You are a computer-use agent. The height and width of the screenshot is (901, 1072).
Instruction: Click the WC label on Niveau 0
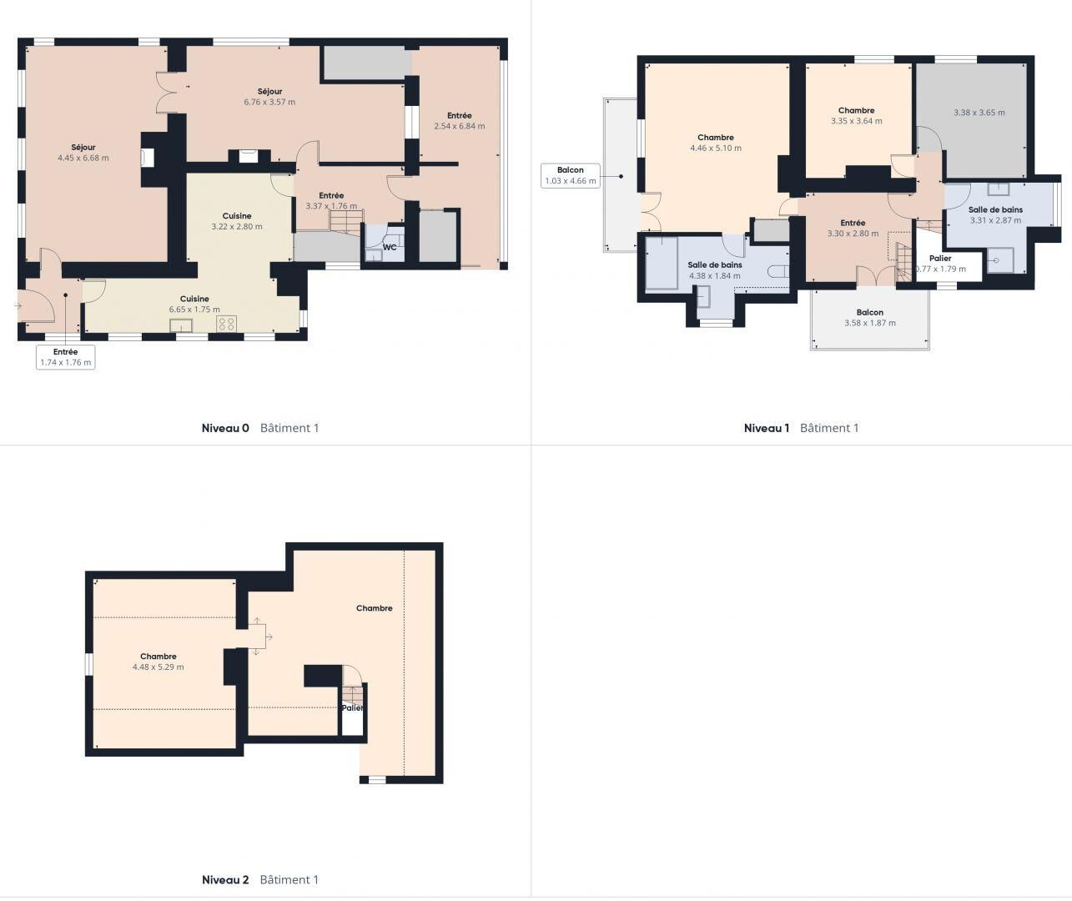390,248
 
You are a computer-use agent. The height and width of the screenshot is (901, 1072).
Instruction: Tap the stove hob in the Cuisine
226,324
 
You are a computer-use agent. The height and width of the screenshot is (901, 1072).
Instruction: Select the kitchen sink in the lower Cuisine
181,325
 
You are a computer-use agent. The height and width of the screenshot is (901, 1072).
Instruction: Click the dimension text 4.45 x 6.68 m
83,159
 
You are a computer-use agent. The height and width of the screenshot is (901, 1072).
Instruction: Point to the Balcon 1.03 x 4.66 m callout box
571,175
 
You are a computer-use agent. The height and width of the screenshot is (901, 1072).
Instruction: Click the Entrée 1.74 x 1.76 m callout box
66,357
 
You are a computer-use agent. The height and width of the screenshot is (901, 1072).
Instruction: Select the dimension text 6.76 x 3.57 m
269,102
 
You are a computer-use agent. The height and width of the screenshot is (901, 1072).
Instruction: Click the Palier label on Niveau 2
353,708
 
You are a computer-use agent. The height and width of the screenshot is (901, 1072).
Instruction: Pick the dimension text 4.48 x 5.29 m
159,667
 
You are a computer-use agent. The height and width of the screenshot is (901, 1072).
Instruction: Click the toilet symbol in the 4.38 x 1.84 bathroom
778,270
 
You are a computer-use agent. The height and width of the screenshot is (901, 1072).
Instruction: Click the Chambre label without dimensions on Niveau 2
375,608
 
